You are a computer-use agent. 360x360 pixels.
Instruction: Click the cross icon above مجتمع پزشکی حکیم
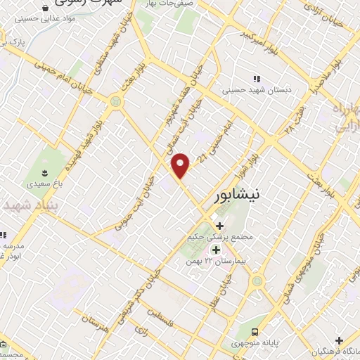click(x=219, y=226)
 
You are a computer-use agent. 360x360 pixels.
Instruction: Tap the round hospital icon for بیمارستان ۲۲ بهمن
click(x=214, y=248)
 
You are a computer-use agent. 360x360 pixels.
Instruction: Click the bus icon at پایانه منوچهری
click(x=255, y=332)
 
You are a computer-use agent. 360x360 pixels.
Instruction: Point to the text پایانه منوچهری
click(x=258, y=345)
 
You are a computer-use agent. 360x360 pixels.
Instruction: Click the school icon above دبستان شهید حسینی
click(x=256, y=79)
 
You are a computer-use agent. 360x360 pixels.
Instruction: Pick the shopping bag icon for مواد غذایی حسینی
click(x=46, y=8)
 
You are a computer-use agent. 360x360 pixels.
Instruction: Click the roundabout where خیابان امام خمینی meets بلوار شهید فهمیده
click(x=114, y=103)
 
